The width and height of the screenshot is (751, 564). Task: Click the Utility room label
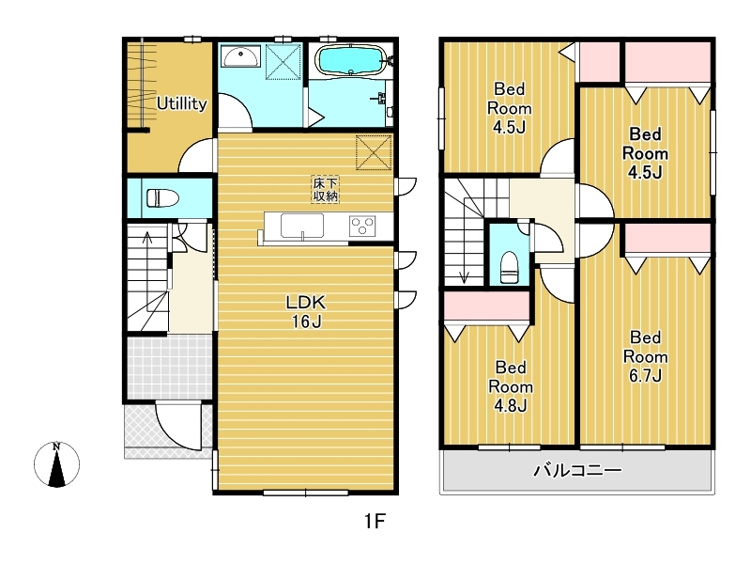pyautogui.click(x=182, y=103)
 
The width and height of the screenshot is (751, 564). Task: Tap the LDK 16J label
pyautogui.click(x=306, y=312)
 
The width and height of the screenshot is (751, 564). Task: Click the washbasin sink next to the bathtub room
pyautogui.click(x=241, y=56)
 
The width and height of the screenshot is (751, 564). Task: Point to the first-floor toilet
pyautogui.click(x=161, y=198)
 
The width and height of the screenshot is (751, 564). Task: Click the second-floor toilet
pyautogui.click(x=510, y=268)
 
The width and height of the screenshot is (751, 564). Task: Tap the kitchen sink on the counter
pyautogui.click(x=301, y=226)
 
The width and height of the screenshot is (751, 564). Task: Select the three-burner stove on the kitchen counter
pyautogui.click(x=362, y=226)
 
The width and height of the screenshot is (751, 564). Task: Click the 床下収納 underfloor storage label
pyautogui.click(x=325, y=189)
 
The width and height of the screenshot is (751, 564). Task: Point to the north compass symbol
pyautogui.click(x=56, y=464)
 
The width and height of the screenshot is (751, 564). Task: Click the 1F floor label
pyautogui.click(x=375, y=521)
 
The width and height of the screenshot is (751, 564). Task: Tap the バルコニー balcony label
pyautogui.click(x=577, y=470)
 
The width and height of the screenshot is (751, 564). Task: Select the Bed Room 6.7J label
pyautogui.click(x=645, y=356)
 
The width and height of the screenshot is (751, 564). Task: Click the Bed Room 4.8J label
pyautogui.click(x=511, y=386)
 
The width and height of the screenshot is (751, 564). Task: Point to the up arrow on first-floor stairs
pyautogui.click(x=147, y=238)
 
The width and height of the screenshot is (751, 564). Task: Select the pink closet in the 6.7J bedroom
pyautogui.click(x=667, y=239)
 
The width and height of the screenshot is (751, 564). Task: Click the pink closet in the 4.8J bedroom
pyautogui.click(x=486, y=305)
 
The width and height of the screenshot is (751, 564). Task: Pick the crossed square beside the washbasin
pyautogui.click(x=284, y=61)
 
